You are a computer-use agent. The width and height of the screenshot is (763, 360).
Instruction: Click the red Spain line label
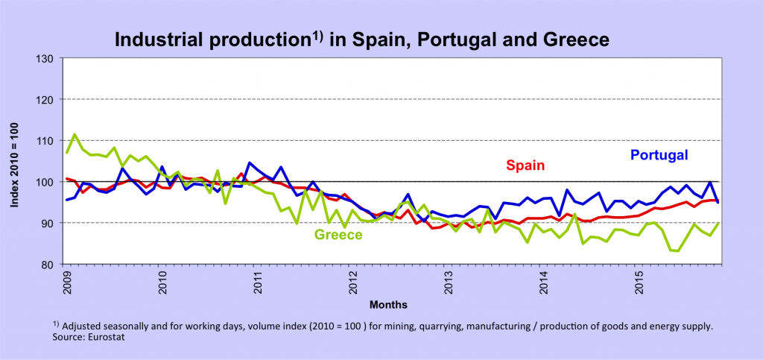click(x=526, y=165)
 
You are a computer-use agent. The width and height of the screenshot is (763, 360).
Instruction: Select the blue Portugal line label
click(x=659, y=155)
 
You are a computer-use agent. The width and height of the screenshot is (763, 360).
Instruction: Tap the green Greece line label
click(x=338, y=235)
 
